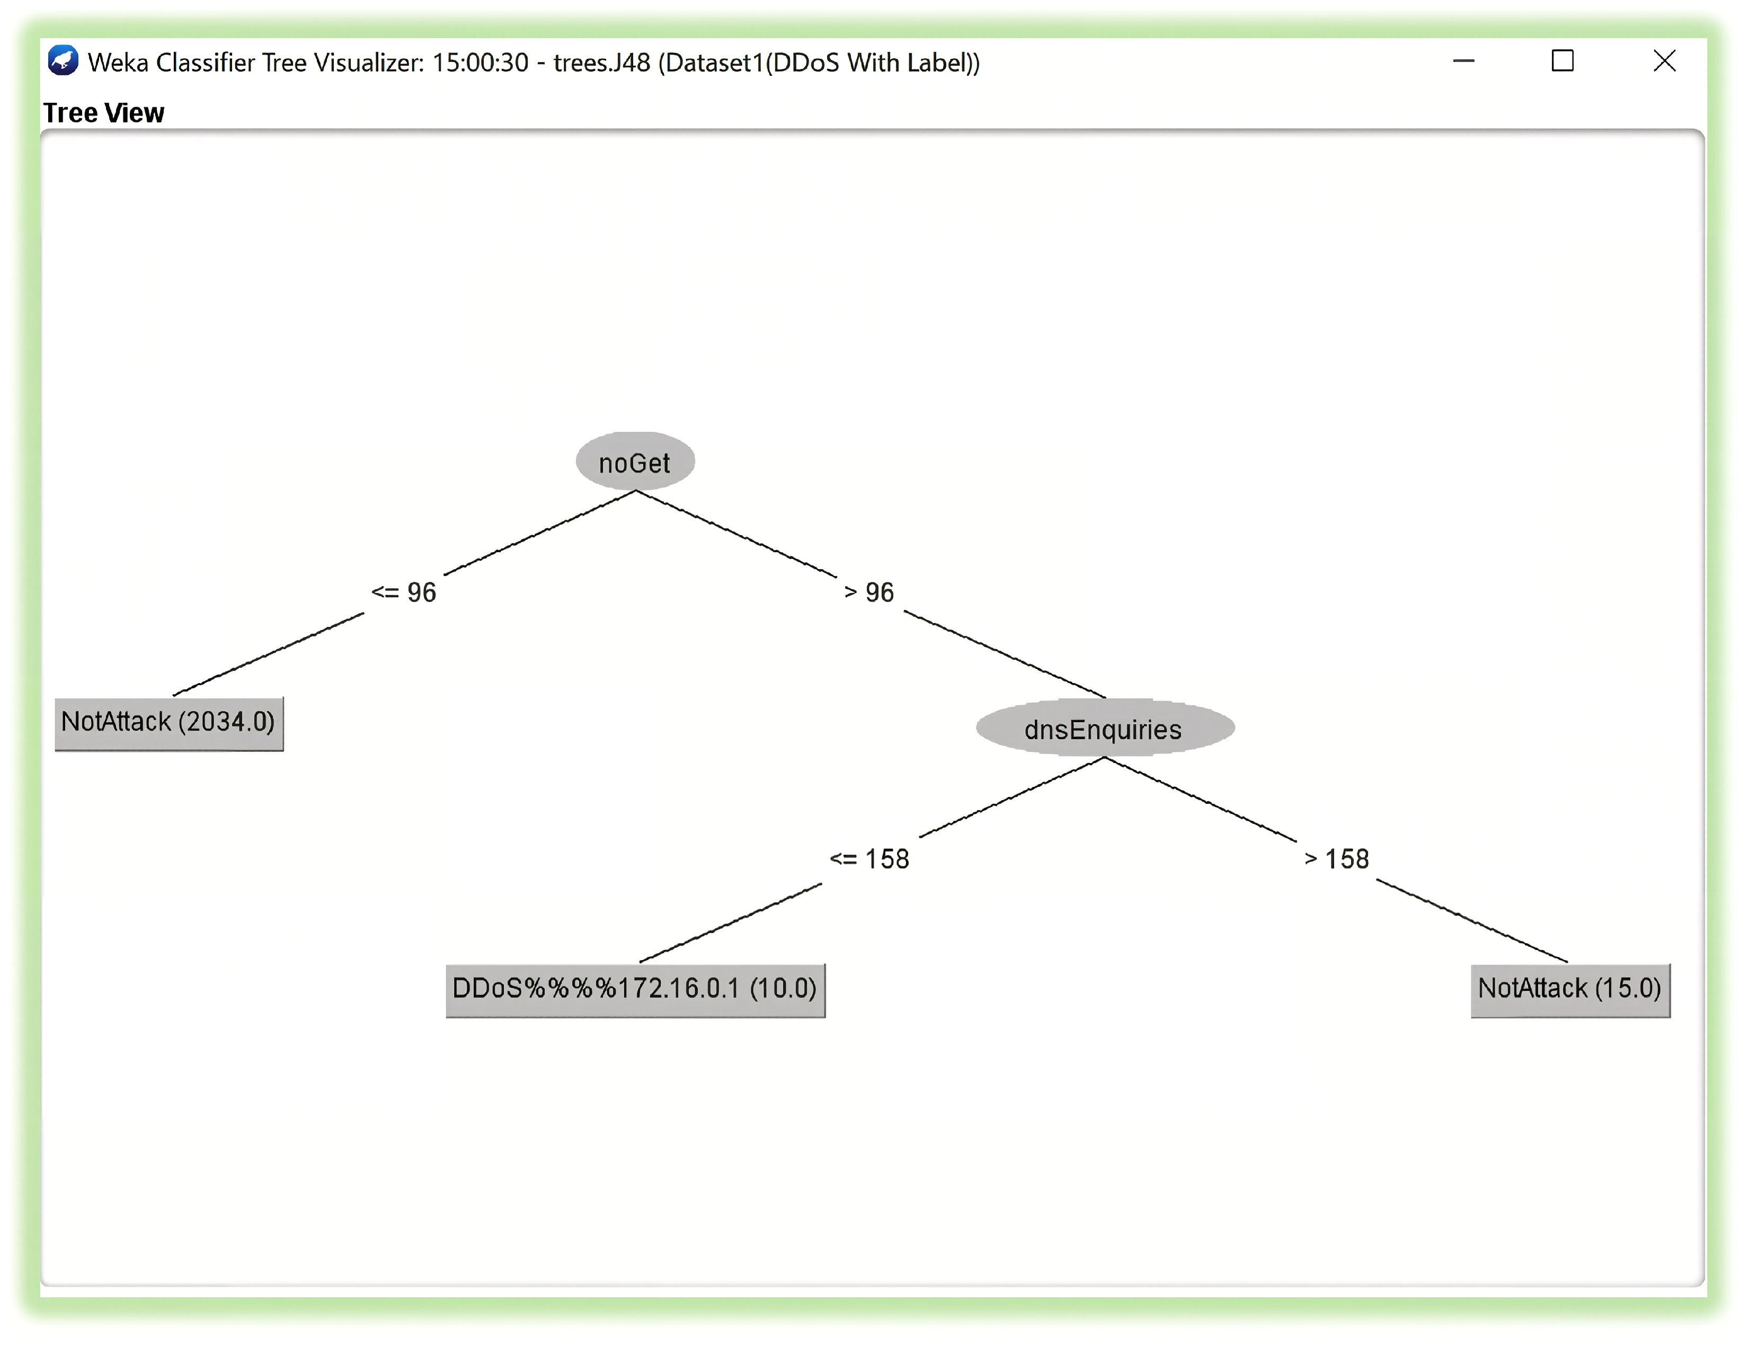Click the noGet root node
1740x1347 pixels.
point(635,462)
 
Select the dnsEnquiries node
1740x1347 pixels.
point(1104,728)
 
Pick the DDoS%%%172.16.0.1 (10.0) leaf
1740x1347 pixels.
point(635,989)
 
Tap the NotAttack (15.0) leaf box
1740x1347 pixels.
point(1569,989)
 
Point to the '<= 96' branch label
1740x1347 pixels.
point(404,592)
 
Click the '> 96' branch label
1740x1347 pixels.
point(869,592)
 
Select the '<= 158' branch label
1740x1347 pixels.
point(869,859)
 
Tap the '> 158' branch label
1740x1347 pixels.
point(1337,859)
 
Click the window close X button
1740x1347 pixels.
point(1664,61)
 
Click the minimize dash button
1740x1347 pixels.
point(1463,61)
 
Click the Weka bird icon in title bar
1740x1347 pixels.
point(63,61)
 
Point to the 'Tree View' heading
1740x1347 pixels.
point(103,113)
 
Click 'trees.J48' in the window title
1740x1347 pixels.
point(601,62)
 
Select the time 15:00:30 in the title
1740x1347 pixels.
point(481,62)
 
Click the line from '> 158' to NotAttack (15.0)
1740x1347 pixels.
point(1471,921)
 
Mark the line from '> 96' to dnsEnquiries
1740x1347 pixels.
point(1004,654)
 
